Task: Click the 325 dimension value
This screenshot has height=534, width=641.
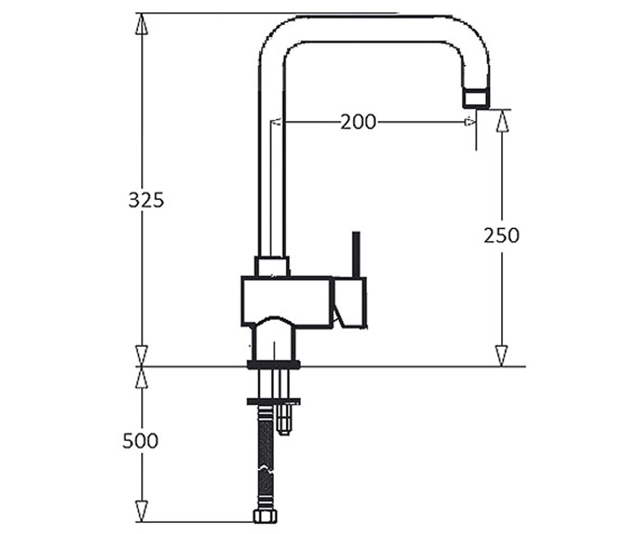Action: [146, 200]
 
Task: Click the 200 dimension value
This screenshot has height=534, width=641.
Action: [358, 122]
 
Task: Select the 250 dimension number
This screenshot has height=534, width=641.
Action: [502, 235]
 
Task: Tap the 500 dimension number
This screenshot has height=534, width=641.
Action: [140, 441]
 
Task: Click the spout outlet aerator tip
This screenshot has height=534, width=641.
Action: [476, 99]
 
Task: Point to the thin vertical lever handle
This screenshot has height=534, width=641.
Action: [356, 254]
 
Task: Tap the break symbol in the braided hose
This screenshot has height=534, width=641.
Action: [265, 469]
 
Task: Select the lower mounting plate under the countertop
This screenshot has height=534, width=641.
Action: [273, 401]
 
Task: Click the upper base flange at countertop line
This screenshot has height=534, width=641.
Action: [273, 364]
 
